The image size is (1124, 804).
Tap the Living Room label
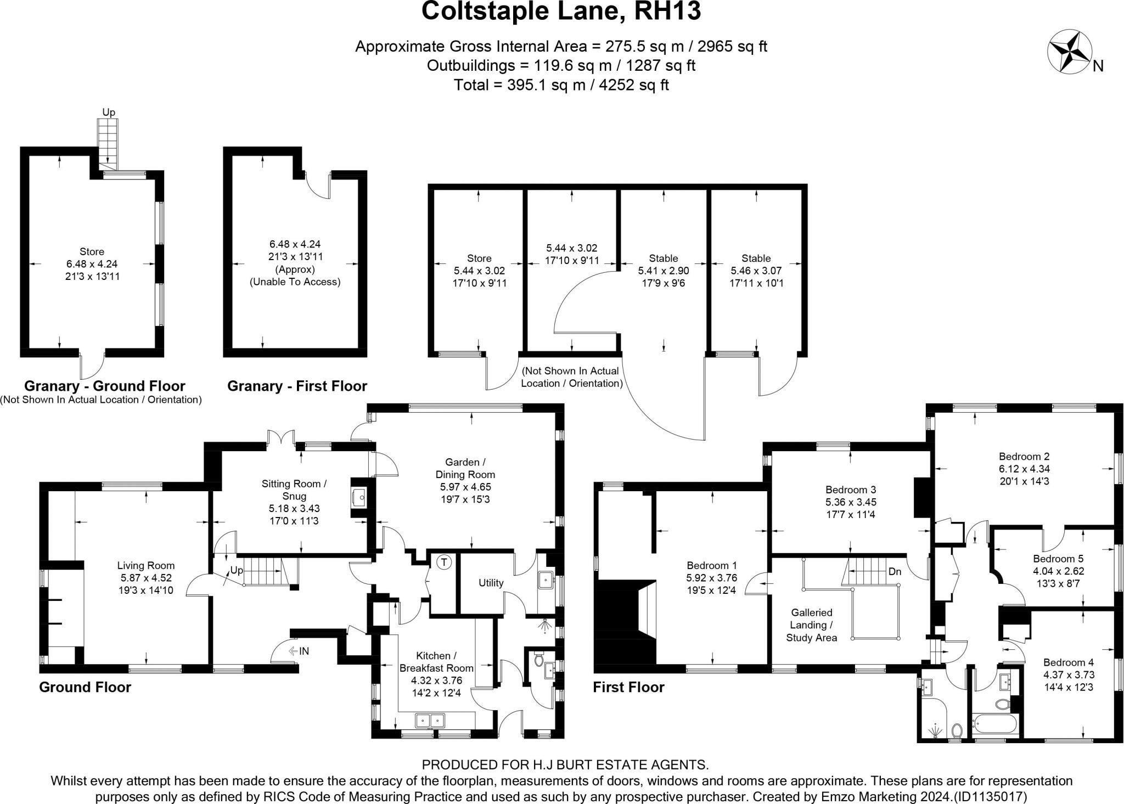(146, 565)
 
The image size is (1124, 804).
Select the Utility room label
(491, 583)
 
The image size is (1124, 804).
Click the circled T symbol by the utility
(445, 562)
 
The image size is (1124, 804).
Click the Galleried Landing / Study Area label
(811, 625)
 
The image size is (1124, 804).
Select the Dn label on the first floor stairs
(895, 571)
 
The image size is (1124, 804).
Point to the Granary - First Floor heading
(297, 386)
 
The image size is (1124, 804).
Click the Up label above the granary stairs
(109, 113)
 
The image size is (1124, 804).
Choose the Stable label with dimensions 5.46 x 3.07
(756, 258)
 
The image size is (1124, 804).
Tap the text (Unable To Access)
(295, 282)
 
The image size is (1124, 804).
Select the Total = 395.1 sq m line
(561, 85)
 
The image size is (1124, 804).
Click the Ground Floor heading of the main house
(85, 687)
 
